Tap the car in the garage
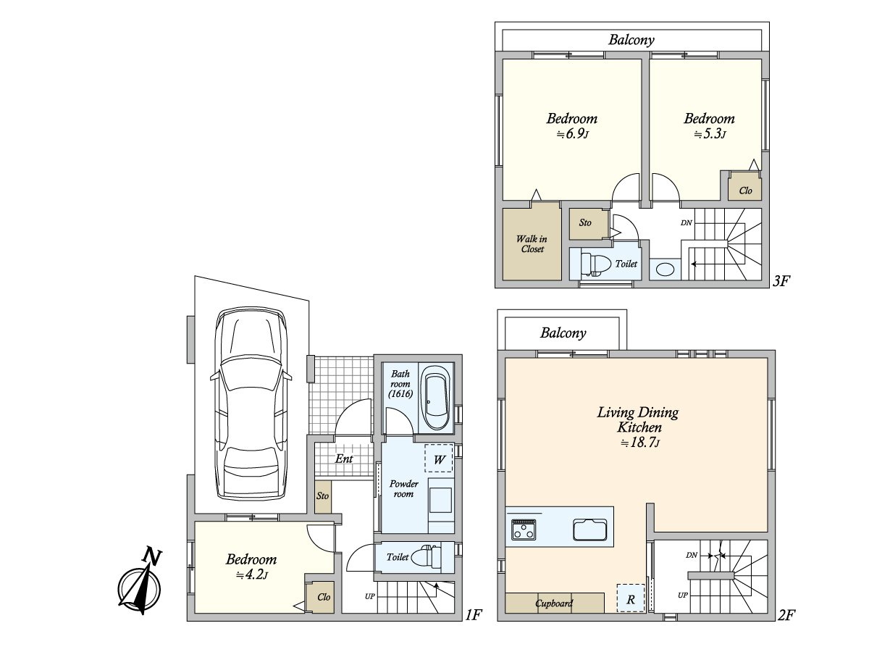coord(251,404)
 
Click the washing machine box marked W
coord(439,459)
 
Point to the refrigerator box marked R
coord(631,598)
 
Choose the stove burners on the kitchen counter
coord(524,530)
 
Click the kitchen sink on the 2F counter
coord(590,530)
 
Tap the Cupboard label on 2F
coord(554,603)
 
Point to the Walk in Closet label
coord(532,244)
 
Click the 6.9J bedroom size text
coord(572,134)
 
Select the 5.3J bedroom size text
coord(710,134)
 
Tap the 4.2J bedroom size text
coord(252,574)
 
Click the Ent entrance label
coord(344,459)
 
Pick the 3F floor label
coord(781,281)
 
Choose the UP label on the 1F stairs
coord(370,596)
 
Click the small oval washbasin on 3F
coord(665,269)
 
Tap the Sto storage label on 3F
coord(584,222)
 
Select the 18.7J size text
coord(639,442)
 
